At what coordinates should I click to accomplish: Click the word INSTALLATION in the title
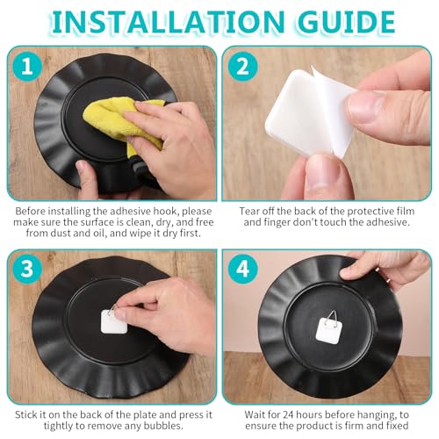coord(169,21)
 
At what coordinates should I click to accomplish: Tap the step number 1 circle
coord(27,67)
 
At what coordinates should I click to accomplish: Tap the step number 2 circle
coord(243,67)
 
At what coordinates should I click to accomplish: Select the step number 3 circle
coord(27,269)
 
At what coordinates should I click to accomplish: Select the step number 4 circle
coord(243,269)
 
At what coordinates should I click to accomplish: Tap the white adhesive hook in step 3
coord(113,322)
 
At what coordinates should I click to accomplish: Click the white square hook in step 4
coord(329,331)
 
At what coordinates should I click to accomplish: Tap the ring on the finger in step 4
coord(388,280)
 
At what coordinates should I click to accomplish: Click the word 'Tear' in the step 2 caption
coord(249,211)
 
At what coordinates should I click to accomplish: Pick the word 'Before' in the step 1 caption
coord(30,211)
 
